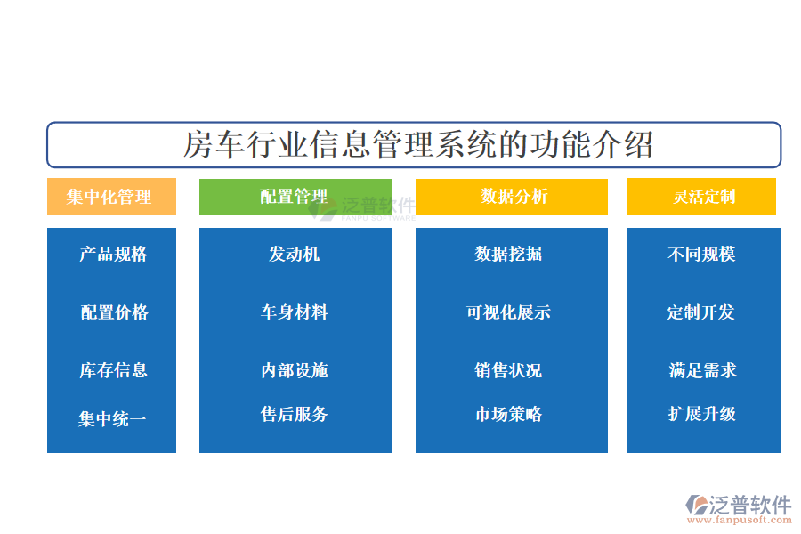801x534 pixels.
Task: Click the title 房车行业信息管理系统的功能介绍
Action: point(418,144)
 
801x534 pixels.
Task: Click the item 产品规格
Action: point(113,254)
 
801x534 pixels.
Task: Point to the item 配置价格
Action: point(115,312)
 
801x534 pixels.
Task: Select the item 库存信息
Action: point(113,370)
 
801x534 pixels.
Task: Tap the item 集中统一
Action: point(112,419)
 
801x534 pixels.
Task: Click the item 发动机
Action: point(295,254)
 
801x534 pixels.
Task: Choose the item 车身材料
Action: point(295,312)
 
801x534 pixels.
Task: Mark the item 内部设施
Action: point(295,370)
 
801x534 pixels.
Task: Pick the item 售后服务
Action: point(295,414)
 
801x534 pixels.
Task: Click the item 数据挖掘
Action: point(508,254)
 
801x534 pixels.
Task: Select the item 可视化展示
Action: point(509,312)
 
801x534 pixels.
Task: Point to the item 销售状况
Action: point(508,370)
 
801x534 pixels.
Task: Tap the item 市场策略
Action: point(508,414)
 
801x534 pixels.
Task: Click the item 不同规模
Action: point(701,254)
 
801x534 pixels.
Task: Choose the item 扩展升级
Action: point(702,414)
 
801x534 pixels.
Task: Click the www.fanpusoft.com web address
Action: point(740,520)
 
